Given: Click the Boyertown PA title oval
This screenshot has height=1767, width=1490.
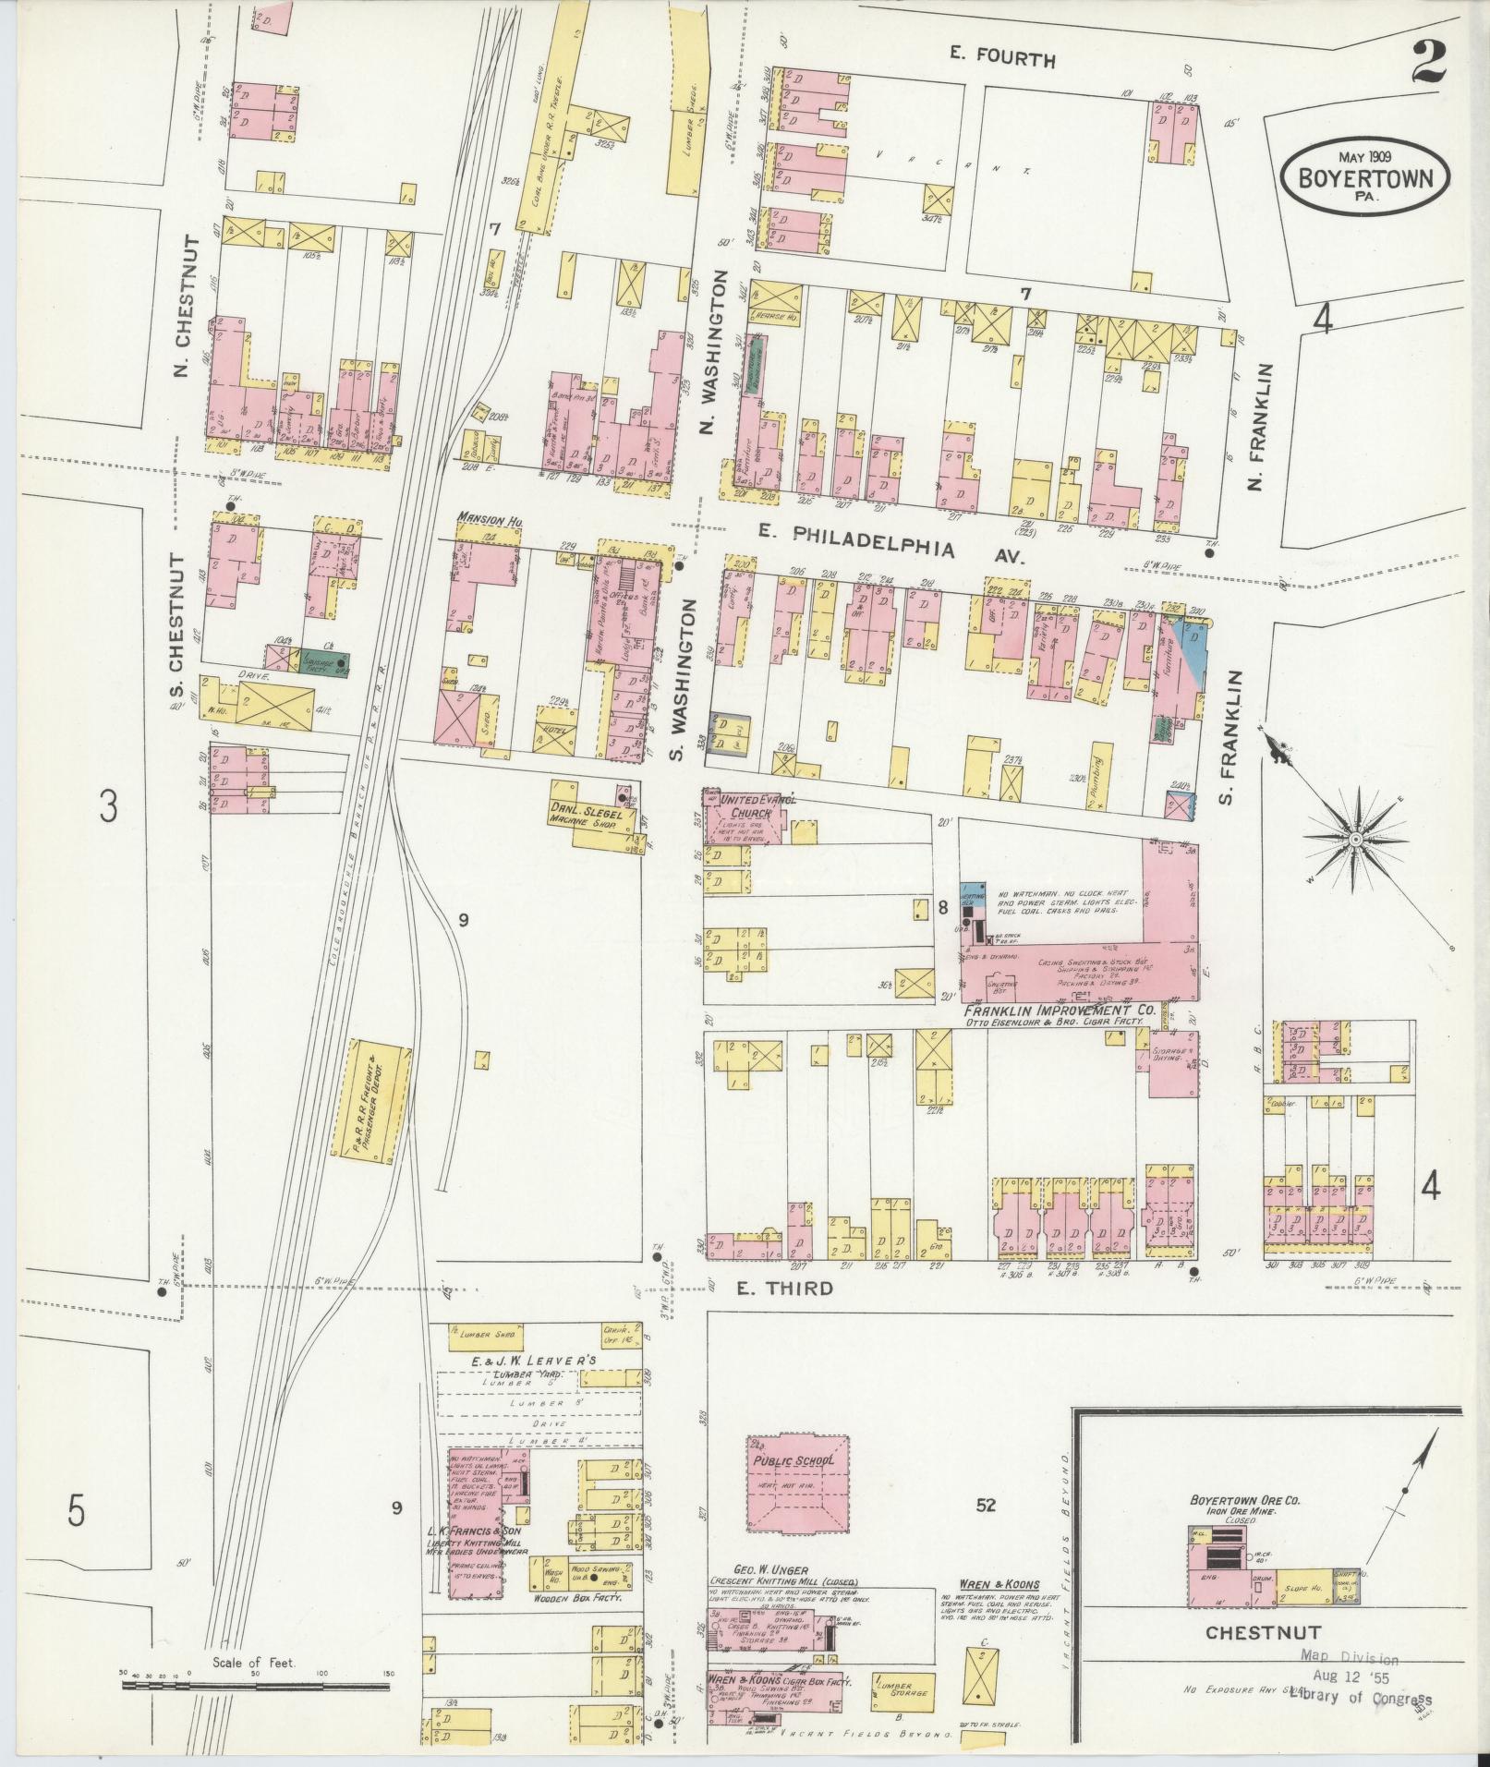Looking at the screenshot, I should coord(1364,176).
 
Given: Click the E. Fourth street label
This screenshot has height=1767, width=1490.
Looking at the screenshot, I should coord(1001,61).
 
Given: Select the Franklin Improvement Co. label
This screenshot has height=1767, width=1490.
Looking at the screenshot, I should coord(1059,1011).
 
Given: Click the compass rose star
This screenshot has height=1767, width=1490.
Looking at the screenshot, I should coord(1354,840).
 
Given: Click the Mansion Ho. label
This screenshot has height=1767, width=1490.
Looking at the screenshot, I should coord(491,522).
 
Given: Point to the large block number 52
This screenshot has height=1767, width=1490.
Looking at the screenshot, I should coord(986,1506).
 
